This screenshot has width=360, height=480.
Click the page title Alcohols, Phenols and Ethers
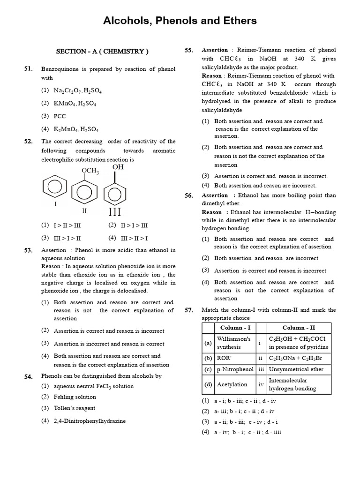pyautogui.click(x=180, y=21)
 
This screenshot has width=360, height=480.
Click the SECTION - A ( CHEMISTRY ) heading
pyautogui.click(x=102, y=51)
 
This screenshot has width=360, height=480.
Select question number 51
pyautogui.click(x=29, y=69)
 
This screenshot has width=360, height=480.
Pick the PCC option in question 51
pyautogui.click(x=60, y=116)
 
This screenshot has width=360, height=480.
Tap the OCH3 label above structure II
pyautogui.click(x=90, y=171)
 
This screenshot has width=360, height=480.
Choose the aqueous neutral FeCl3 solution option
pyautogui.click(x=93, y=386)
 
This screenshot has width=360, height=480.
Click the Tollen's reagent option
pyautogui.click(x=74, y=408)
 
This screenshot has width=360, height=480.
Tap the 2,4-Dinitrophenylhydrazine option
pyautogui.click(x=90, y=421)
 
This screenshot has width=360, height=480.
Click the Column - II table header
pyautogui.click(x=299, y=328)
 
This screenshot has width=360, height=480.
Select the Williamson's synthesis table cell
pyautogui.click(x=234, y=343)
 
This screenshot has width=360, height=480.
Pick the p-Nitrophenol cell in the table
pyautogui.click(x=235, y=369)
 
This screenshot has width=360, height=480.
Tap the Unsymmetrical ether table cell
pyautogui.click(x=296, y=369)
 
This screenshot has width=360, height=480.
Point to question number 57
pyautogui.click(x=189, y=310)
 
